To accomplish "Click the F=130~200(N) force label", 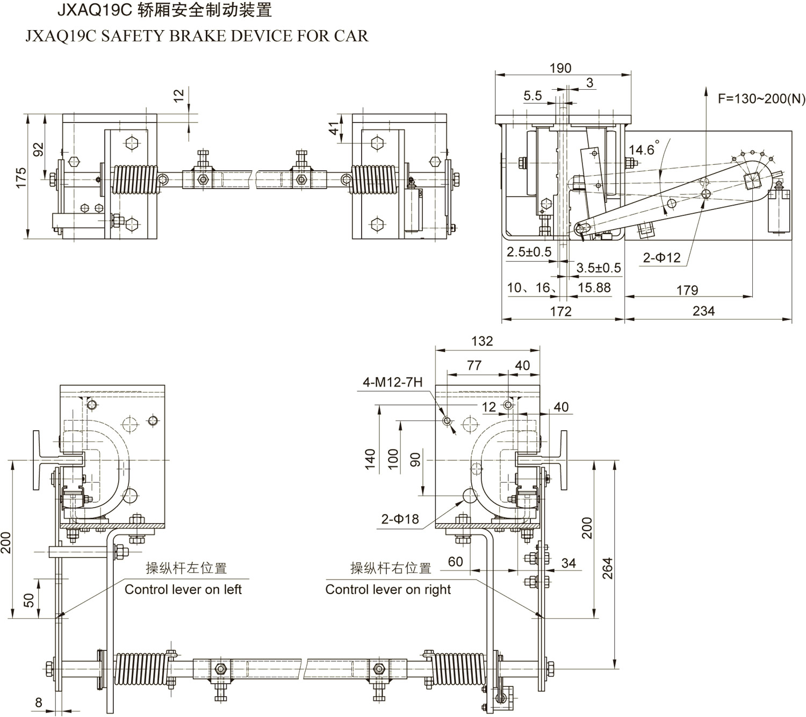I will point(761,99).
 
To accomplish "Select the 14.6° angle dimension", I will point(643,149).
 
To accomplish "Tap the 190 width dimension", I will point(560,68).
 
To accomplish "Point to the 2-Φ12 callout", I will point(661,258).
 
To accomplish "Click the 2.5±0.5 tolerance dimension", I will point(529,251).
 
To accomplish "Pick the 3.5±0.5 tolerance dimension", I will point(598,267).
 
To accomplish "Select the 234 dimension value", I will point(703,310).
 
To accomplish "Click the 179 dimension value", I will point(687,290).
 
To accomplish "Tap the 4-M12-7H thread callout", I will point(392,382).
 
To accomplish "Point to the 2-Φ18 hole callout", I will point(400,519).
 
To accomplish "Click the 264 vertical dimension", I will point(607,568).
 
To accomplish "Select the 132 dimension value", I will point(481,341).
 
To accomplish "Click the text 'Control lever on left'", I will point(183,589).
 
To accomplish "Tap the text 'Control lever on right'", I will point(388,589).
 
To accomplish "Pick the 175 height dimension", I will point(20,178).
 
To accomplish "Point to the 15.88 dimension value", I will point(594,288).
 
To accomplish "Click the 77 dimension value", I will point(474,365).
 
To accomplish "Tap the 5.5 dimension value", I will point(532,96).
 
